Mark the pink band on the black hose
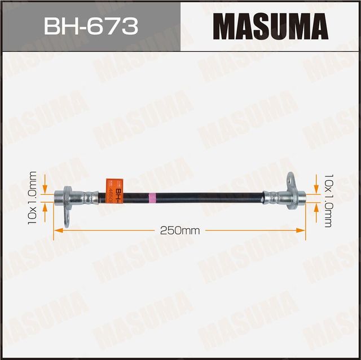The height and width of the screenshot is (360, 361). click(151, 197)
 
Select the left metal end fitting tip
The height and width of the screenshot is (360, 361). click(59, 197)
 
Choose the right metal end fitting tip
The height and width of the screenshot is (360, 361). click(302, 197)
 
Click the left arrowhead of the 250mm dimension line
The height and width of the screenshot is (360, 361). click(56, 230)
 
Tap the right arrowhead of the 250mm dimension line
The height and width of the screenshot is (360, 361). click(303, 230)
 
